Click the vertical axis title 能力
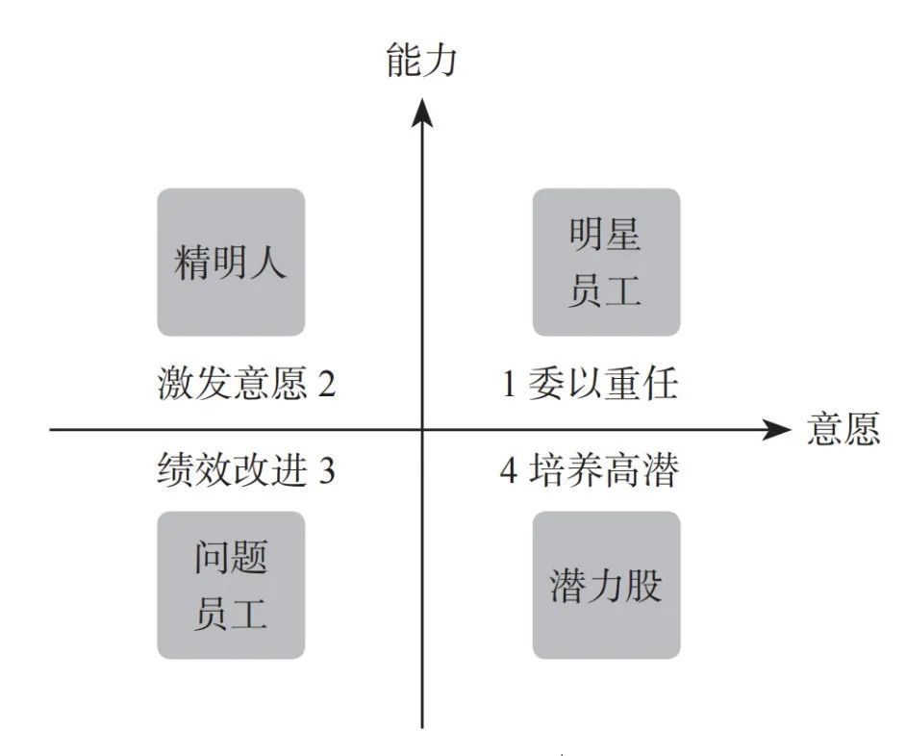coord(421,59)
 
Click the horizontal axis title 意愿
coord(843,428)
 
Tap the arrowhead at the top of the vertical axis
coord(422,112)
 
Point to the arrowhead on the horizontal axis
coord(776,429)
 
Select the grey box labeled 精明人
coord(231,262)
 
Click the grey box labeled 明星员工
coord(606,262)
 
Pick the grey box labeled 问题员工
coord(231,585)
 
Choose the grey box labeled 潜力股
coord(606,585)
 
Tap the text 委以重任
coord(603,383)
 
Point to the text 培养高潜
coord(604,470)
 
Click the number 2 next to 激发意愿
coord(326,384)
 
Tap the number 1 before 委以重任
coord(509,384)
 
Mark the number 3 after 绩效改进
coord(326,471)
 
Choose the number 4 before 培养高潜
coord(509,471)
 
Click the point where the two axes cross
coord(422,429)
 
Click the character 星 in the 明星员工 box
coord(623,235)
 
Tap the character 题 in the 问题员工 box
coord(248,558)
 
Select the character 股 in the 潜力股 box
coord(643,585)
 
